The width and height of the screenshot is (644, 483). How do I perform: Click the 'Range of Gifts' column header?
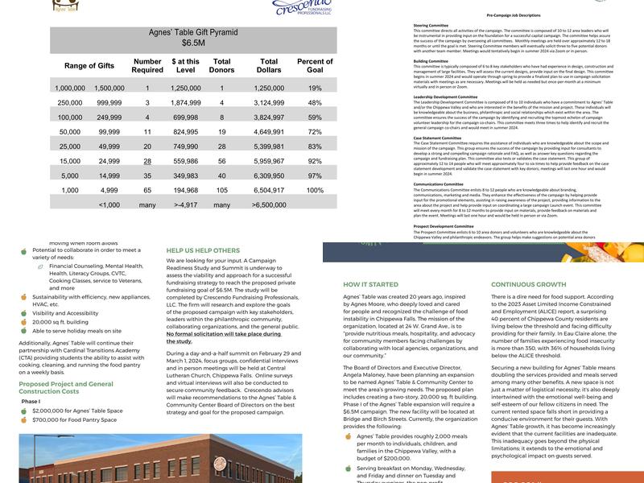tap(89, 66)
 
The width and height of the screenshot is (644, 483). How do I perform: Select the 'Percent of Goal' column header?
tap(315, 66)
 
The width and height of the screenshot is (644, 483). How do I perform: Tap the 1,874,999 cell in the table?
tap(186, 103)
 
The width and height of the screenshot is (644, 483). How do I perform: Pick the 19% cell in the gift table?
tap(315, 88)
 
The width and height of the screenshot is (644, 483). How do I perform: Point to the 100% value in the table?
tap(315, 191)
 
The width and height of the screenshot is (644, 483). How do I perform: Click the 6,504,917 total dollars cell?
tap(269, 191)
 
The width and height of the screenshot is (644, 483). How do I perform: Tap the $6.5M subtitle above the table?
tap(193, 43)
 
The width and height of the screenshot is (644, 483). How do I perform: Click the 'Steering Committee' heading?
tap(431, 25)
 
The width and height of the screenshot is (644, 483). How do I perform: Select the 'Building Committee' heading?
tap(431, 60)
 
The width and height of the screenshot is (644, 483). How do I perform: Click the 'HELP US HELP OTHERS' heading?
tap(203, 250)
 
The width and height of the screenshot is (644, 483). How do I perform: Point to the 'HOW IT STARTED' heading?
tap(370, 284)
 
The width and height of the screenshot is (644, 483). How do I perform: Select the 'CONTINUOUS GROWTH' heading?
tap(528, 284)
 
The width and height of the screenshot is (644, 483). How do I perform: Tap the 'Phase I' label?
tap(30, 400)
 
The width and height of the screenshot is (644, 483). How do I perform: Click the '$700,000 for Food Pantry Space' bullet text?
tap(77, 420)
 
